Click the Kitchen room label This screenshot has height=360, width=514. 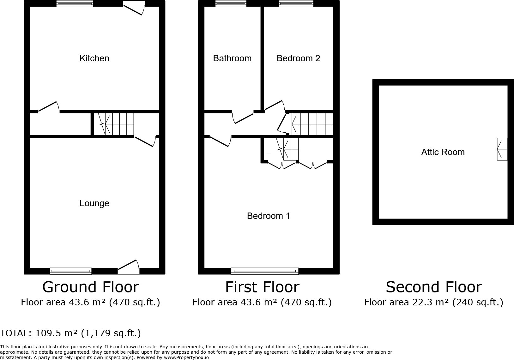[94, 58]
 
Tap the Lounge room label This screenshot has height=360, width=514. [94, 203]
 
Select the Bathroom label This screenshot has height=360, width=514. [232, 58]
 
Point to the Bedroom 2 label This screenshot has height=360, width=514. [298, 58]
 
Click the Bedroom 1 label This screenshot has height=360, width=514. [268, 216]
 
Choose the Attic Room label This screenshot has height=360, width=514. [443, 152]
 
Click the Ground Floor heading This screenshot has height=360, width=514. [91, 287]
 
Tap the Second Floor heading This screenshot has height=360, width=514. [434, 287]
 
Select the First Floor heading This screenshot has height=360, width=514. [262, 287]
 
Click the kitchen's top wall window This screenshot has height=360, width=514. [75, 4]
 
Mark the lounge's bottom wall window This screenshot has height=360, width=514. [71, 271]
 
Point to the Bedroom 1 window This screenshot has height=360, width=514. [265, 271]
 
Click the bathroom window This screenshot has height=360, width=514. [231, 4]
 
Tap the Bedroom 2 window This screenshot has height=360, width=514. [296, 4]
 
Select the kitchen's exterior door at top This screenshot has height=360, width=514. [134, 8]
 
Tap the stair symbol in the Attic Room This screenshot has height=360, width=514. [502, 149]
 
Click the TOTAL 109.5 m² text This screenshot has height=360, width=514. [70, 333]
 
